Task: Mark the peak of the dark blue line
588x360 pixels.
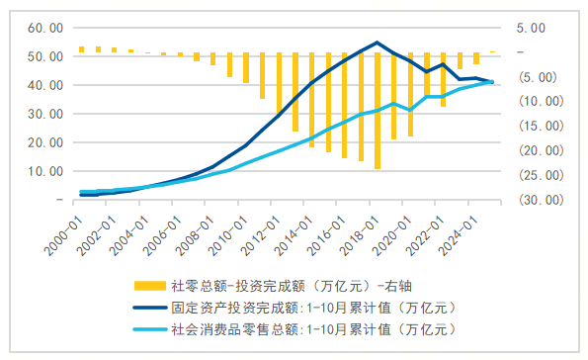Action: pyautogui.click(x=378, y=43)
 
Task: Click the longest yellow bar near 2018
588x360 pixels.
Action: pyautogui.click(x=378, y=109)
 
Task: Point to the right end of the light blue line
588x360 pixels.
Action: pyautogui.click(x=492, y=82)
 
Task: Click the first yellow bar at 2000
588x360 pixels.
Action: pyautogui.click(x=82, y=48)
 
